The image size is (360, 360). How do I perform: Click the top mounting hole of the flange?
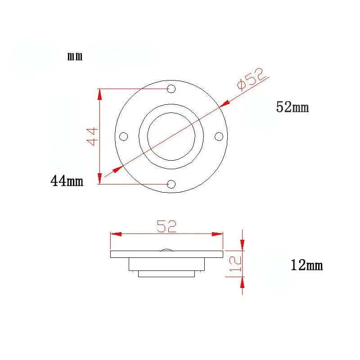(x=171, y=89)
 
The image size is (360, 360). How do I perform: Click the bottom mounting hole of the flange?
(x=171, y=184)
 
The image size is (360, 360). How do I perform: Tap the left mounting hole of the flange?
(x=123, y=136)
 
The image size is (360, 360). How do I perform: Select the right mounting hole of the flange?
(x=219, y=136)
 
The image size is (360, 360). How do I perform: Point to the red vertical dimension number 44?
(x=92, y=137)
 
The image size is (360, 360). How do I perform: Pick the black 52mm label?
(x=292, y=107)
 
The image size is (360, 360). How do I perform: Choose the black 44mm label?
(x=67, y=181)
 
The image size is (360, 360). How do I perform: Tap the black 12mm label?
(x=307, y=265)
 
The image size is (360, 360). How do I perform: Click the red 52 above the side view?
(x=166, y=226)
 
